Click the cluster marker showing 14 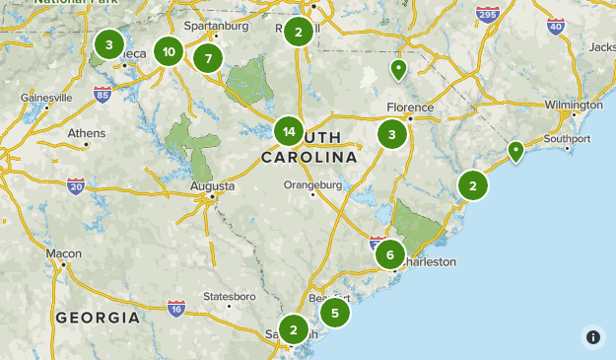point(289,131)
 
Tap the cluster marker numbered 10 point(170,53)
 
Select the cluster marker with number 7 point(208,58)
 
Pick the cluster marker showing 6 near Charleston point(390,255)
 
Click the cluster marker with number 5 point(335,314)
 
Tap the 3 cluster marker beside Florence point(392,135)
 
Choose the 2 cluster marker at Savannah point(293,330)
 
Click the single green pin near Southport point(515,151)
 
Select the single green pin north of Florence point(398,69)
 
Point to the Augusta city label point(213,185)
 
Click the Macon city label point(64,253)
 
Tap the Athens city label point(87,133)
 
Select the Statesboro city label point(229,296)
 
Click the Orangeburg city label point(312,184)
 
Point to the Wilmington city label point(573,105)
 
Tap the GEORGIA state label point(97,318)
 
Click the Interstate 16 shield point(176,308)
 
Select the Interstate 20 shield point(77,185)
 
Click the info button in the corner point(593,337)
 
